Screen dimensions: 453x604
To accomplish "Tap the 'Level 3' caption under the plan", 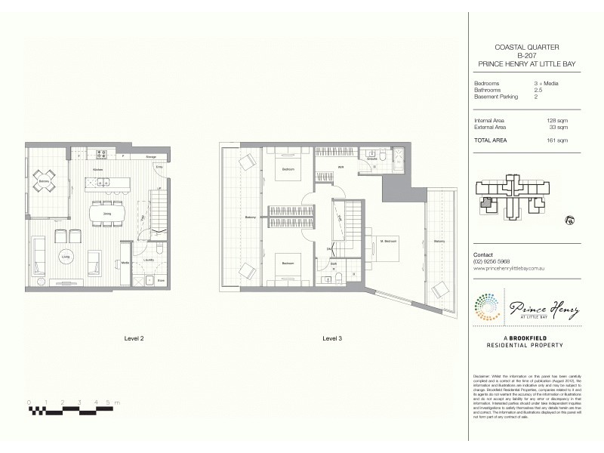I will coord(331,338).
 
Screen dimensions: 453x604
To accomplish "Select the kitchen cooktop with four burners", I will coord(100,156).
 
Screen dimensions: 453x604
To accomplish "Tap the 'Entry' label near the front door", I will coord(159,166).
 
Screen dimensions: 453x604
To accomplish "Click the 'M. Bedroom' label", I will coord(389,242).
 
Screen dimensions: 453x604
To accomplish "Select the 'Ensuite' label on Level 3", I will coord(372,159).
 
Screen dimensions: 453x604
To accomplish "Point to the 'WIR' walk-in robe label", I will coord(341,167).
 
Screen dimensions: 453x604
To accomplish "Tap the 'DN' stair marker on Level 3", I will coord(329,248).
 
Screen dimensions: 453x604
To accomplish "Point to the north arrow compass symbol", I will coord(569,221).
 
